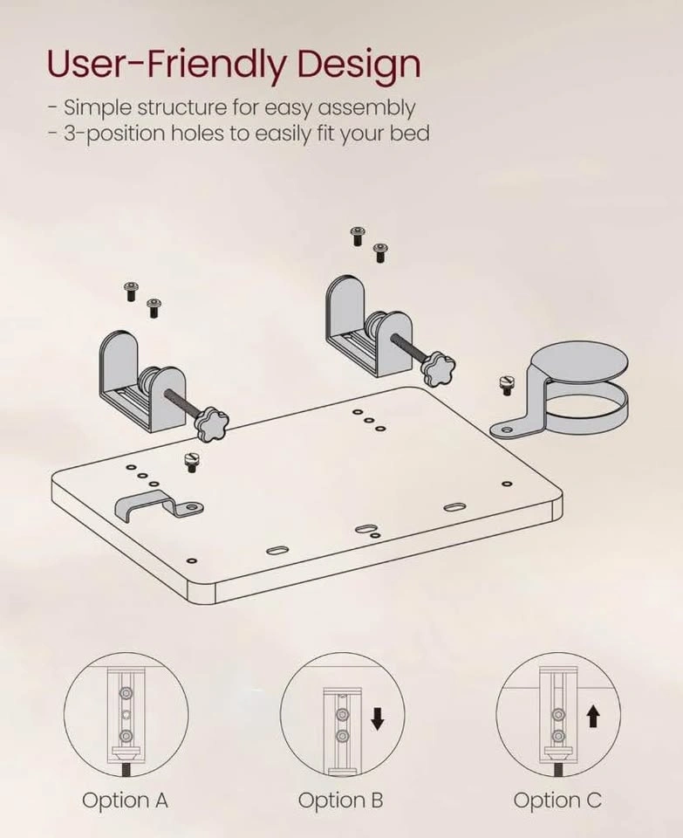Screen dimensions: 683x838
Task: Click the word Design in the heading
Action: click(359, 65)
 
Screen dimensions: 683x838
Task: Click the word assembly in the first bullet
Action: click(366, 108)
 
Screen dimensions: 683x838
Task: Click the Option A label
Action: click(125, 800)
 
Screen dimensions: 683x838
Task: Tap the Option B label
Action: click(341, 800)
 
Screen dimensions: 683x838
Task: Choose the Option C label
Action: click(557, 800)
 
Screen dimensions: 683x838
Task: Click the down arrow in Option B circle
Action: click(378, 718)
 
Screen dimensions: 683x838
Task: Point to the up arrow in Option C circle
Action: click(593, 716)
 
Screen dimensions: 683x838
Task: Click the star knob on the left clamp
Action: click(211, 422)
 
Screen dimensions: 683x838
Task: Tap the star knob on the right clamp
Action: click(439, 368)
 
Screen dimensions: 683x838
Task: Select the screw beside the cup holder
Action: click(505, 384)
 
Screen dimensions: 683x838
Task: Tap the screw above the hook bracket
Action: click(191, 462)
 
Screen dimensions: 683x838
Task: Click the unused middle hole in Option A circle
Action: click(126, 715)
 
